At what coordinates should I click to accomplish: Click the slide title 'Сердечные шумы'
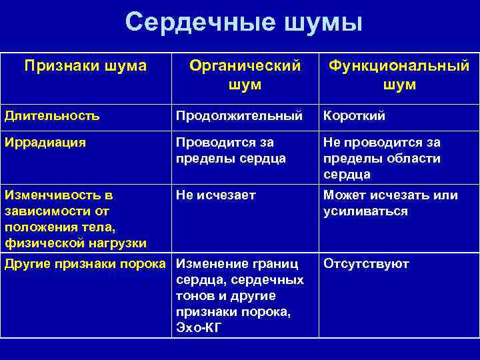(244, 23)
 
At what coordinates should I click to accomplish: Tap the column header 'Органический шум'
(245, 75)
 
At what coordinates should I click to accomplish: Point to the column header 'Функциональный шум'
(399, 75)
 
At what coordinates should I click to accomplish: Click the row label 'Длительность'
(52, 116)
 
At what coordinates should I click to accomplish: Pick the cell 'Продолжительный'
(239, 116)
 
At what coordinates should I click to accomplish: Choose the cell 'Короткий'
(354, 116)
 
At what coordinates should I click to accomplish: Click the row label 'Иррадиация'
(45, 143)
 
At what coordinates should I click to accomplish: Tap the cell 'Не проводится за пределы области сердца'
(381, 159)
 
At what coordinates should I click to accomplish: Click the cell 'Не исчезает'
(215, 196)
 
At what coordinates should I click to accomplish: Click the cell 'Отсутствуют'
(366, 263)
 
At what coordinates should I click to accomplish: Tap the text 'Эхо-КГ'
(199, 327)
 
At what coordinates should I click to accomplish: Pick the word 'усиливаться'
(365, 211)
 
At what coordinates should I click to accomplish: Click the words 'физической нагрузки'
(75, 243)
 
